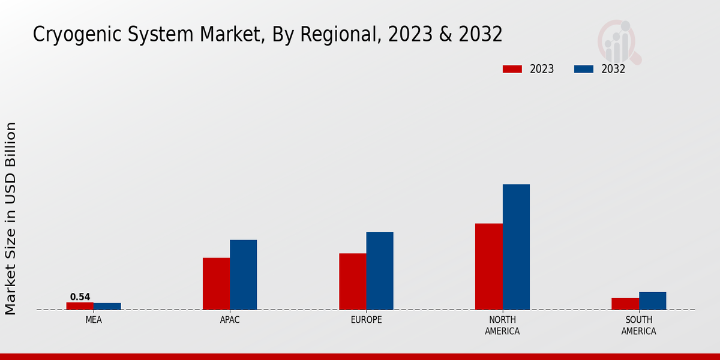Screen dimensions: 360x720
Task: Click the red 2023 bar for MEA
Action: [80, 306]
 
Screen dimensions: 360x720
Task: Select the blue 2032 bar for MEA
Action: [107, 306]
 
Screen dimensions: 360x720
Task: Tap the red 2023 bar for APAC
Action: [216, 284]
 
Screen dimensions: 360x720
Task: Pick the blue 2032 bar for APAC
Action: [243, 275]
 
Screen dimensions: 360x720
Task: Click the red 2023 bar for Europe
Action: [352, 281]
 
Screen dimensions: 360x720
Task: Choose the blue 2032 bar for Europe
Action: [380, 271]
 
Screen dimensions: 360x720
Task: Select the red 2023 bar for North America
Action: [488, 266]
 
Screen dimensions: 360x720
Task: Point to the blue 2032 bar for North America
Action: [516, 247]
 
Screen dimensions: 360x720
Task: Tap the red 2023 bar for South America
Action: [625, 304]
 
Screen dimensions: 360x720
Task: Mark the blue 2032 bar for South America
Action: [652, 301]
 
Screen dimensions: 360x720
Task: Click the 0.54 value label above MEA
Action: [80, 297]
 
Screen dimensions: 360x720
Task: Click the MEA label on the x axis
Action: [94, 320]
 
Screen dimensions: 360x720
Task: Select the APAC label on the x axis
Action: [230, 320]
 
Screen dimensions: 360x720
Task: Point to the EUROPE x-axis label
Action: [366, 320]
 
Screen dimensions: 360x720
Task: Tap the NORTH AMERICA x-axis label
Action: [502, 325]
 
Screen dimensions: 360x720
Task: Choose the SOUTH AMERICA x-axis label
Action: [638, 325]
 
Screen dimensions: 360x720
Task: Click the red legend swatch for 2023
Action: [512, 69]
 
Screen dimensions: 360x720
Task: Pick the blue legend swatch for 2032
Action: [583, 69]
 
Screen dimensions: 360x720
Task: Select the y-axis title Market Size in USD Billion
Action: [11, 218]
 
